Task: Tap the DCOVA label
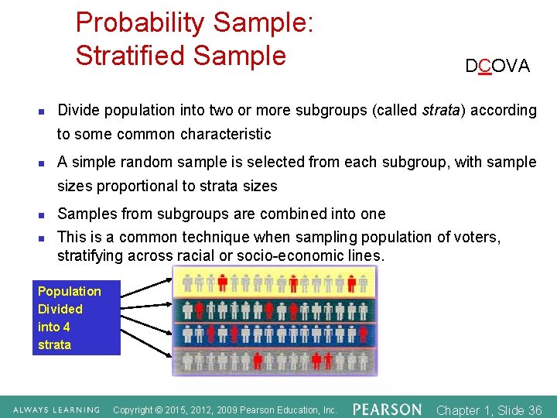point(497,67)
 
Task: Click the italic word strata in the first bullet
point(442,110)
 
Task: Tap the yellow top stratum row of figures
point(274,284)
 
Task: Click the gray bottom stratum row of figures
point(274,361)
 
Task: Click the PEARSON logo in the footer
point(387,409)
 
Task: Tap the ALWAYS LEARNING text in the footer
point(55,409)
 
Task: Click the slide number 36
point(534,410)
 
